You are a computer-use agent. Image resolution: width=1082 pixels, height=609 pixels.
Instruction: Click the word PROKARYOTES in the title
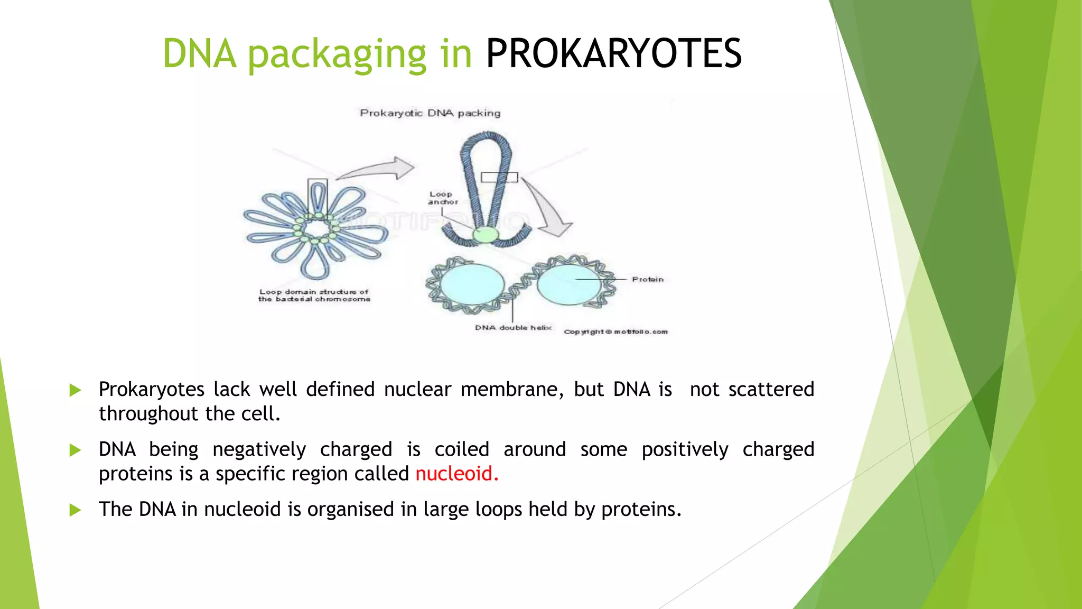click(613, 54)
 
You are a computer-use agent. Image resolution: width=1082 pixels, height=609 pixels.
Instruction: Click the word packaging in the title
click(337, 55)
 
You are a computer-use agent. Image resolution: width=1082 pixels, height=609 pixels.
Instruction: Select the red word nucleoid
click(456, 474)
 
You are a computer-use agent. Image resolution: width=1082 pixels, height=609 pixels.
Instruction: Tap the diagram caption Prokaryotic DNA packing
click(430, 113)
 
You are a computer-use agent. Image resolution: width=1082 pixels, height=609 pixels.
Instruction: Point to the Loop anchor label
click(442, 198)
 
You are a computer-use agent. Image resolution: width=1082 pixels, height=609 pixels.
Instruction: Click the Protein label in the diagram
click(647, 279)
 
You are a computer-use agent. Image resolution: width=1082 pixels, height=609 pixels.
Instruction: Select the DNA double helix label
click(512, 328)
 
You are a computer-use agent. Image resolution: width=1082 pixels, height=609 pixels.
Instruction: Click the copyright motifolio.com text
click(615, 332)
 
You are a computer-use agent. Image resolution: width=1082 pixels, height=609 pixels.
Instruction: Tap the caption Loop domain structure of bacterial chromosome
click(314, 295)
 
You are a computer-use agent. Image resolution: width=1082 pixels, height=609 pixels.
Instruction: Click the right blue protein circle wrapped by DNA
click(569, 284)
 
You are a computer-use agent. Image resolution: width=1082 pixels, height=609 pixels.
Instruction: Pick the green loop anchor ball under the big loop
click(485, 235)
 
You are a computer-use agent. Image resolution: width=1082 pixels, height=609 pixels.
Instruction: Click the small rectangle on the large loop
click(499, 177)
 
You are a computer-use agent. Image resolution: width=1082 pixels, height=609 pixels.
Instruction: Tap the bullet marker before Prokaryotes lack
click(76, 391)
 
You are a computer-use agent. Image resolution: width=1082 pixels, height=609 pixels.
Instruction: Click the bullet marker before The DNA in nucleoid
click(76, 510)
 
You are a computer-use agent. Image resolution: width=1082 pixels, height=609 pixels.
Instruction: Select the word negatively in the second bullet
click(259, 450)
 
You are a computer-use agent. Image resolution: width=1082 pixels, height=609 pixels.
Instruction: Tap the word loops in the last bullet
click(499, 510)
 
